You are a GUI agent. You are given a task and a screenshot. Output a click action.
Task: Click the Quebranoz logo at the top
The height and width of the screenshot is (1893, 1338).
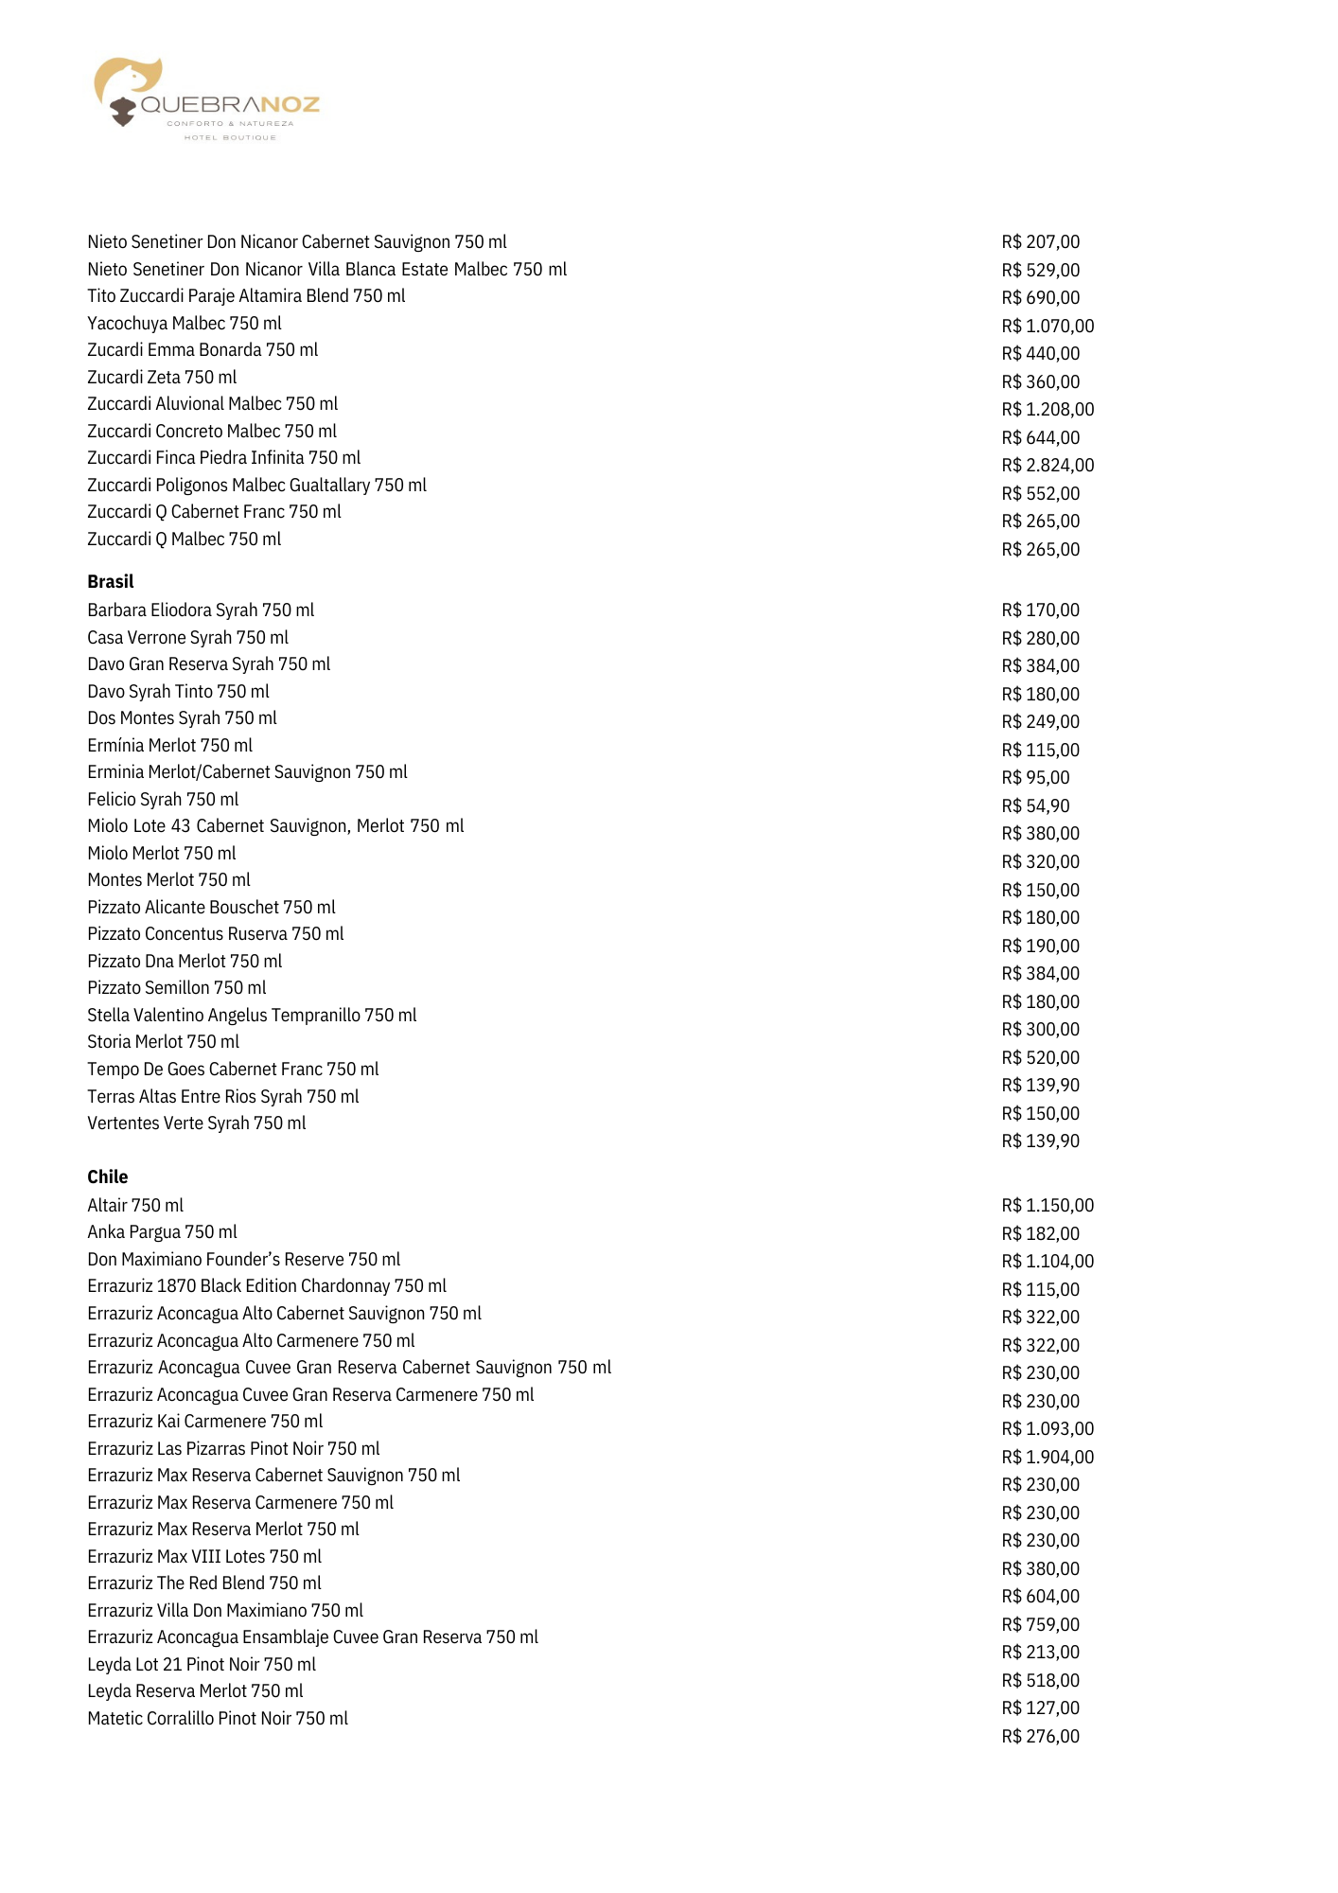206,99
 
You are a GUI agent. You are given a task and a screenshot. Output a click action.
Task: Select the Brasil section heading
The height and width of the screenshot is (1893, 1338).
111,581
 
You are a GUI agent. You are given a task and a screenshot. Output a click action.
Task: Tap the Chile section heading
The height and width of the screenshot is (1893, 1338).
108,1176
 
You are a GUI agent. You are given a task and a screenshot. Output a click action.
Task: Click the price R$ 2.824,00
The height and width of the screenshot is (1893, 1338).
1048,465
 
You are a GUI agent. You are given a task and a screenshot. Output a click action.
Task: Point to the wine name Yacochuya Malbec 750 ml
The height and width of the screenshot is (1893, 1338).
185,323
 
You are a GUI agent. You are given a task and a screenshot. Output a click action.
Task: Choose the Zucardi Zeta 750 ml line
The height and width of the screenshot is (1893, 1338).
162,377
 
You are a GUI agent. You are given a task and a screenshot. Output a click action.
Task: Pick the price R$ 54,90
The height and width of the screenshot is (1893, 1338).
1035,805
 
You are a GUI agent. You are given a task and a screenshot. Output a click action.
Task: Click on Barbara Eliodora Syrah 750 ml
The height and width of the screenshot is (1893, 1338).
201,610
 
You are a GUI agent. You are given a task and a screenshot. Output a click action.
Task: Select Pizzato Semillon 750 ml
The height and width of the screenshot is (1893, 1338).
177,987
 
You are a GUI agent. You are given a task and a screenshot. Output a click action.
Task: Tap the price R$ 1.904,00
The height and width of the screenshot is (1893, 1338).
1048,1457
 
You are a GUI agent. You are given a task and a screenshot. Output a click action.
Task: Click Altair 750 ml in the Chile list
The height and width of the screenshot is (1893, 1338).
135,1205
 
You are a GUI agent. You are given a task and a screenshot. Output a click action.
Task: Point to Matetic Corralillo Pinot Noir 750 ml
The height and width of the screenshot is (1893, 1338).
218,1718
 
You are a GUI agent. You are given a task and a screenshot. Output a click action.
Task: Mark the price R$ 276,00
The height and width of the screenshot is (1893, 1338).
1040,1736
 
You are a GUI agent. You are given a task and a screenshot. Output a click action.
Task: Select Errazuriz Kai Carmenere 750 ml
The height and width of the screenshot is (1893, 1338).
205,1421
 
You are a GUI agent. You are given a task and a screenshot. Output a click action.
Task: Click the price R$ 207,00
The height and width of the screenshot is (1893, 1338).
1040,241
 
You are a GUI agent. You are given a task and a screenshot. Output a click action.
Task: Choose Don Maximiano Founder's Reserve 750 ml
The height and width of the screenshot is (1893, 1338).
244,1259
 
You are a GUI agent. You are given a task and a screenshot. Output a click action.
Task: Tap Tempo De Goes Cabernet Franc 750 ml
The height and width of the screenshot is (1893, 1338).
233,1069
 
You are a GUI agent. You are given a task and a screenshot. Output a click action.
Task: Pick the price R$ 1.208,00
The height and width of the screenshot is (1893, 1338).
1048,409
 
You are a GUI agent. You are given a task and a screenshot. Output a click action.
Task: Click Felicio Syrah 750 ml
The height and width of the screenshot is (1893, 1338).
163,799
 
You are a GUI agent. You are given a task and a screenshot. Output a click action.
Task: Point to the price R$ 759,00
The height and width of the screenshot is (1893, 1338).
1040,1624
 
